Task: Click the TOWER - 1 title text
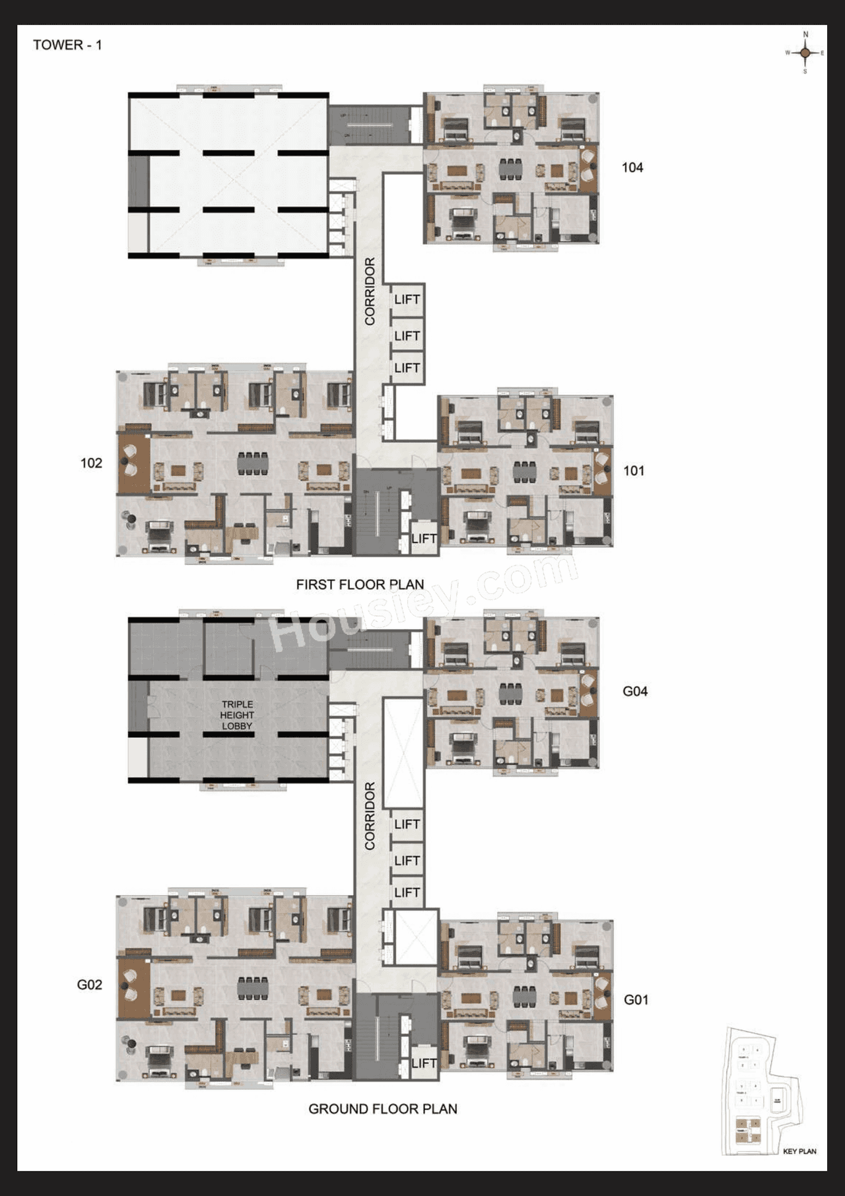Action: coord(67,45)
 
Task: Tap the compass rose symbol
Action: coord(805,53)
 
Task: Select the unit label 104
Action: coord(632,168)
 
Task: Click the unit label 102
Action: coord(91,463)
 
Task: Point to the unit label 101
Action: coord(633,471)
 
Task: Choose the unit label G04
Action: coord(634,692)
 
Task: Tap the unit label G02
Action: coord(89,985)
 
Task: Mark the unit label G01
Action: coord(636,1000)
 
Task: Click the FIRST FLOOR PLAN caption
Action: coord(360,584)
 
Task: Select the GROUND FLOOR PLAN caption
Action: coord(383,1109)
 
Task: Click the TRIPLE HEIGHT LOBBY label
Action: coord(237,715)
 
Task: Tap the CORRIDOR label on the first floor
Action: coord(370,291)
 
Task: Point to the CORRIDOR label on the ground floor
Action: coord(370,816)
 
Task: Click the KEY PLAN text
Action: coord(799,1151)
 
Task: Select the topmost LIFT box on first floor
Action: coord(407,300)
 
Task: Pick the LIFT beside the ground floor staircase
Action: coord(423,1063)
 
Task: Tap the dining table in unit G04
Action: coord(511,694)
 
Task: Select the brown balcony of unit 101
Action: coord(602,470)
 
